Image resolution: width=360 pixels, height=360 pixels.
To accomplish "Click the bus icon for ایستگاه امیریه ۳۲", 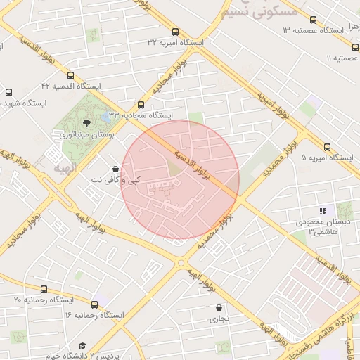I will [x=175, y=32].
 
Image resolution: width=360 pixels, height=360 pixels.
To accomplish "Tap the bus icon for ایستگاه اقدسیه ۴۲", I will [x=70, y=75].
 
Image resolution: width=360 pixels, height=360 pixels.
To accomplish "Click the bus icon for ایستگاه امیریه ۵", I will [x=327, y=147].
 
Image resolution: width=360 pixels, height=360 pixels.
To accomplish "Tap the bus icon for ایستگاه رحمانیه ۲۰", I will [x=44, y=289].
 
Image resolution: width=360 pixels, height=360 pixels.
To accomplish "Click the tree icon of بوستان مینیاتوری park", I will [x=86, y=123].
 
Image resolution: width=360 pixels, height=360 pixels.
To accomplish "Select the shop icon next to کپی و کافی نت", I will [x=115, y=169].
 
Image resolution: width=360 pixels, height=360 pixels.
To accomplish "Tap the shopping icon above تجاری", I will [x=219, y=308].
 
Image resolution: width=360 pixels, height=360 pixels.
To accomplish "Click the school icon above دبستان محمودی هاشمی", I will [x=323, y=211].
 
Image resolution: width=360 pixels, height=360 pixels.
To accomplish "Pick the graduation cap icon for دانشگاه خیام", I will [x=82, y=346].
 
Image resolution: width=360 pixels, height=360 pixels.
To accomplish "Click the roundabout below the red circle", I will [x=181, y=263].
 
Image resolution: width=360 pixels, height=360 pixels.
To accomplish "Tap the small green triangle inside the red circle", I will [x=173, y=169].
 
